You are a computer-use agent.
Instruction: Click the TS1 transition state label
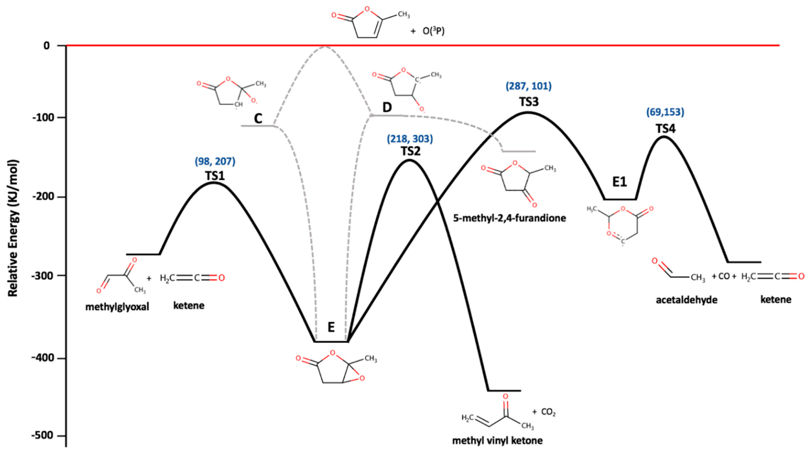(x=215, y=176)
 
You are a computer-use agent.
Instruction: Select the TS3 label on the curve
(x=529, y=102)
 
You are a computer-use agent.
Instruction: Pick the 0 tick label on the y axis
(x=47, y=46)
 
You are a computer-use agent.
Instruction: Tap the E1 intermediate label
(x=619, y=182)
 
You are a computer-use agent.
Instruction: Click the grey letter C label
(x=258, y=119)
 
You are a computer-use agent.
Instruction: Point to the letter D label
(x=387, y=108)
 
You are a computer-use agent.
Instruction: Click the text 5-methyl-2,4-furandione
(x=509, y=218)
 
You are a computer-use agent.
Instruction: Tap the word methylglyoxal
(x=117, y=307)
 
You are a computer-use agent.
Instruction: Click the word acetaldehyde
(x=687, y=300)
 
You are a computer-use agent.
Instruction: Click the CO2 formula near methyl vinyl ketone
(x=548, y=412)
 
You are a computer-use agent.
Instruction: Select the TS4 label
(x=665, y=129)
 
